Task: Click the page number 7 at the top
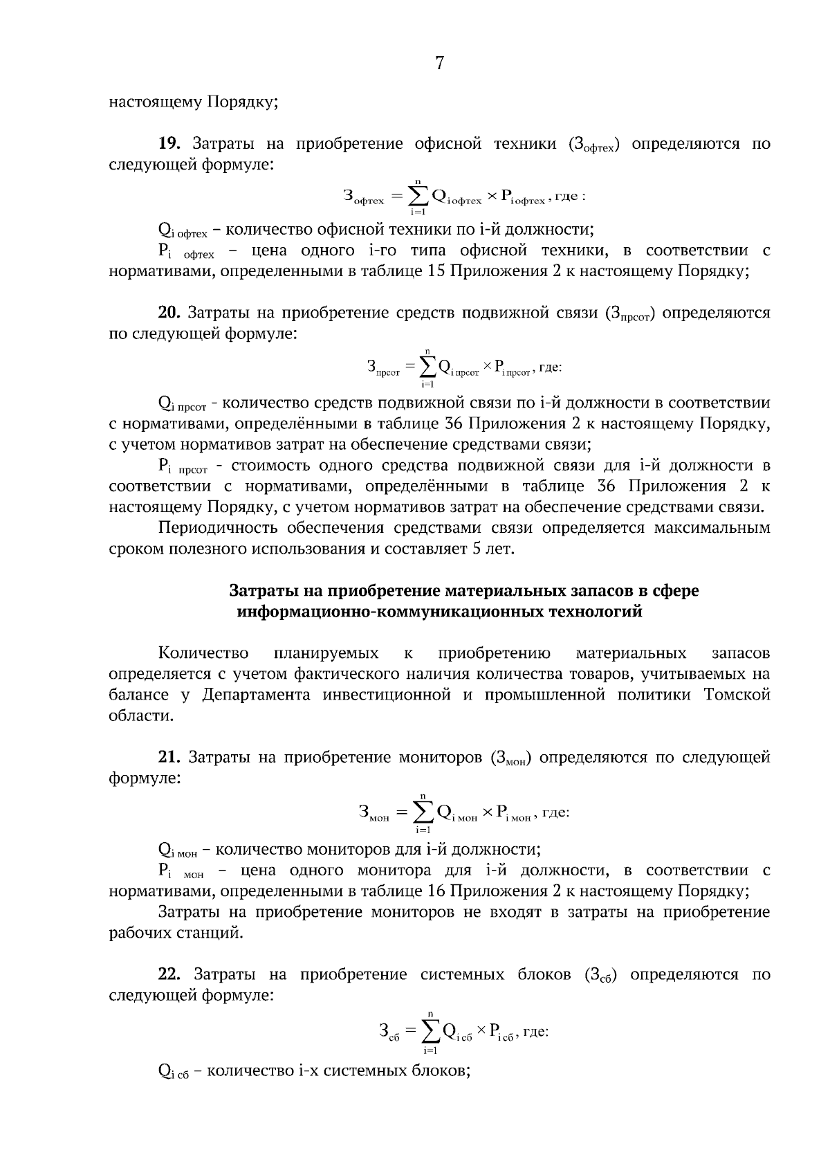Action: (439, 64)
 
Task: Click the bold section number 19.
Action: (169, 144)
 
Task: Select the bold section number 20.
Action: (169, 313)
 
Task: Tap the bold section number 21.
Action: (169, 757)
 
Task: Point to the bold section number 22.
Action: (169, 974)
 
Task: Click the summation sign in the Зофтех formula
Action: (417, 197)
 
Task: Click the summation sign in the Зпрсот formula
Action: (428, 366)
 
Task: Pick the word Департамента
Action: (257, 695)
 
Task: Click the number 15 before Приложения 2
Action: (436, 271)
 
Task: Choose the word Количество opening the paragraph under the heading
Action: (203, 653)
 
